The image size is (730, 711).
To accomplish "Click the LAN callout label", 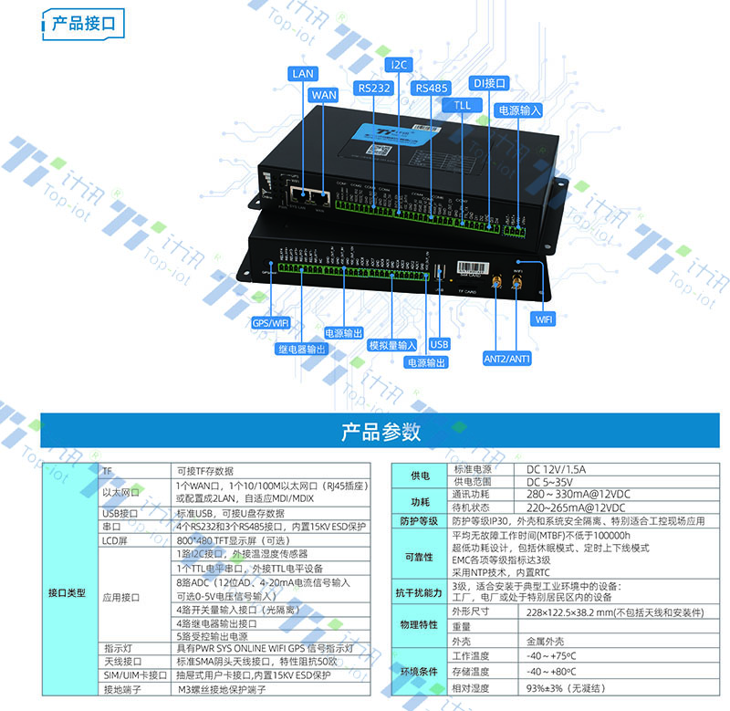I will [x=302, y=72].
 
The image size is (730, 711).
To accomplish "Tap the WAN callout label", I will [x=324, y=94].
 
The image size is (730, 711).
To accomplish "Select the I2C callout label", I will [x=400, y=65].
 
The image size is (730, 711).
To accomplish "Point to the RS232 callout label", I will [x=375, y=88].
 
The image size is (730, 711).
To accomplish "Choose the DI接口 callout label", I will [x=488, y=83].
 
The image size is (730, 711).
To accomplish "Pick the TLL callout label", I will [x=463, y=105].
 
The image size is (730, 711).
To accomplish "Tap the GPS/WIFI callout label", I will [x=270, y=321].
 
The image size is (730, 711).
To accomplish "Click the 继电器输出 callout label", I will [x=301, y=348].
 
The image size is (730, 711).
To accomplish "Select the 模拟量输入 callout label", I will [x=392, y=345].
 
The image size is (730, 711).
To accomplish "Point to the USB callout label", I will [x=439, y=344].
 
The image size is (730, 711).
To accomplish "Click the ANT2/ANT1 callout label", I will [x=507, y=359].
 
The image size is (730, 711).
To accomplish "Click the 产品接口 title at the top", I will [x=85, y=23].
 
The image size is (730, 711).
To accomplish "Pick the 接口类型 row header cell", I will [x=67, y=592].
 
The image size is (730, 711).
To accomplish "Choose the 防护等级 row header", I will [x=420, y=520].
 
